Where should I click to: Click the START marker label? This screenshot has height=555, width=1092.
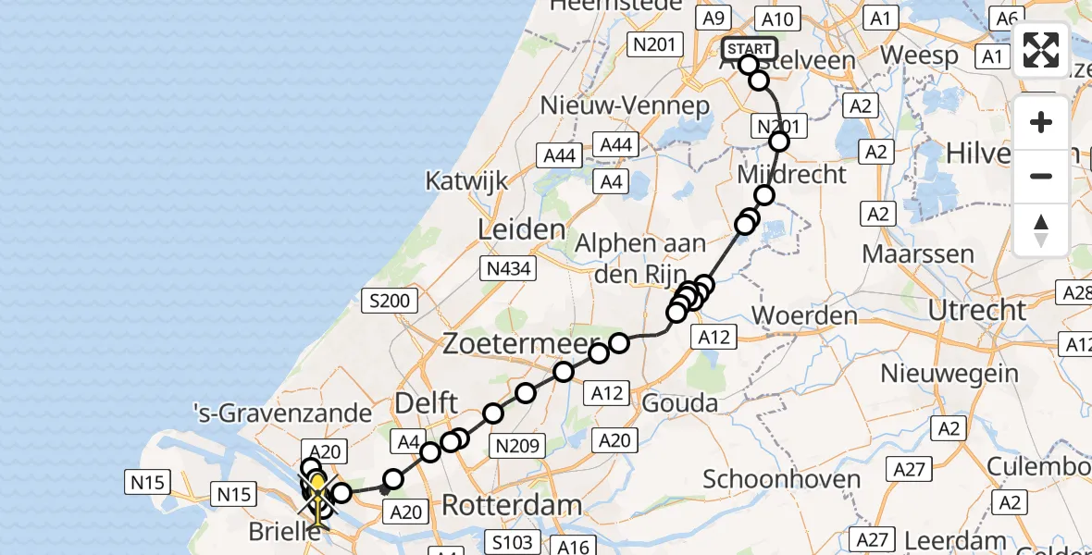pyautogui.click(x=749, y=49)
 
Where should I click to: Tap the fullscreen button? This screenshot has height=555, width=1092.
pyautogui.click(x=1041, y=50)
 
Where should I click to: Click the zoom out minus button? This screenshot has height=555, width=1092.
pyautogui.click(x=1041, y=176)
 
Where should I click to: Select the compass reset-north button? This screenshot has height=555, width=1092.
pyautogui.click(x=1041, y=229)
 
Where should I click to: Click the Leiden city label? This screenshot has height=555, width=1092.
pyautogui.click(x=521, y=229)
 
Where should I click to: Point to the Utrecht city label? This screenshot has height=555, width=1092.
pyautogui.click(x=977, y=310)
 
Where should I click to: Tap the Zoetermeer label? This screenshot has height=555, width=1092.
pyautogui.click(x=519, y=343)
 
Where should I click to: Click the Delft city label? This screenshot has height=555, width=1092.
pyautogui.click(x=427, y=403)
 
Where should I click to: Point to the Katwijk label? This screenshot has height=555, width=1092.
pyautogui.click(x=466, y=179)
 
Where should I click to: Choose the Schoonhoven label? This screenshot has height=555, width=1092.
pyautogui.click(x=782, y=479)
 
